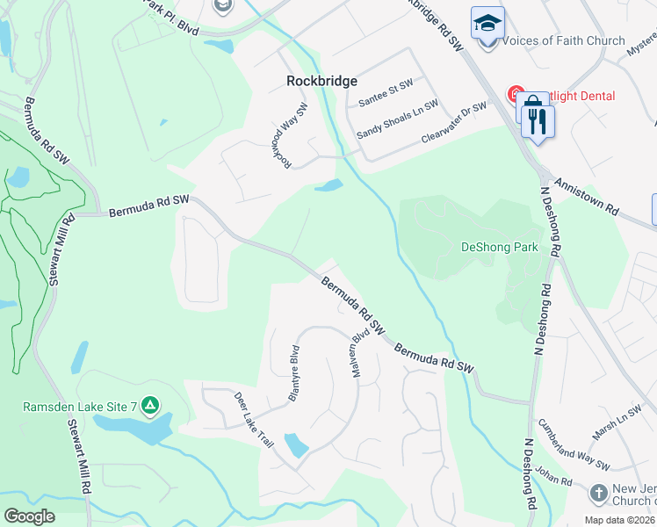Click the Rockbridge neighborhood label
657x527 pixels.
322,81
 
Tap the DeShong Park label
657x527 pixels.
499,247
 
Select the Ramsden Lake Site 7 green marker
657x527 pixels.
150,406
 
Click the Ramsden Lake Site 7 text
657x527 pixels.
80,407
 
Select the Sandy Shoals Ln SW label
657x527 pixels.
397,122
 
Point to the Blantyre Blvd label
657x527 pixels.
295,372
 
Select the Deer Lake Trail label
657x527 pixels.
254,419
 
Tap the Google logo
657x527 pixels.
29,516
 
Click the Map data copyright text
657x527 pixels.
619,520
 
